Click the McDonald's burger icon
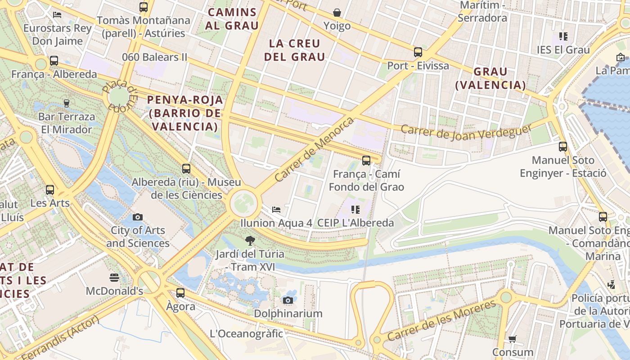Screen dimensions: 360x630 (x=114, y=277)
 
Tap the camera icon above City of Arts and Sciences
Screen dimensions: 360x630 (x=138, y=217)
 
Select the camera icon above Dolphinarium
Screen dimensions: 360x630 (x=288, y=300)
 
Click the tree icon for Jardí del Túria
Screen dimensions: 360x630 (x=250, y=241)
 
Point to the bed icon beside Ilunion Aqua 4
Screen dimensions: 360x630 (x=276, y=210)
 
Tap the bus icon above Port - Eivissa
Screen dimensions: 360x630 (x=418, y=52)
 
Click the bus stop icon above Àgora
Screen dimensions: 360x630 (x=180, y=293)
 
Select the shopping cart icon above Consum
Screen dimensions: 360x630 (x=512, y=339)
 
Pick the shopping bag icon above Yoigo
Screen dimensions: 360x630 (x=337, y=13)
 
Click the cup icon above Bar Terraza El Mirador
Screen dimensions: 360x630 (x=67, y=103)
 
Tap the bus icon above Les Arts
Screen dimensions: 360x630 (x=50, y=190)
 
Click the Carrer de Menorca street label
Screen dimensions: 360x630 (x=314, y=149)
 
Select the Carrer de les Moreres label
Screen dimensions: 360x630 (x=442, y=321)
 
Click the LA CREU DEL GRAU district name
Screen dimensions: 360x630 (x=294, y=50)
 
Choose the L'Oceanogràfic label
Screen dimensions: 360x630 (x=246, y=333)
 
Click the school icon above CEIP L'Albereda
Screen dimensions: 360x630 (x=355, y=210)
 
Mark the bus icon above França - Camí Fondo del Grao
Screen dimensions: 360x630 (x=366, y=161)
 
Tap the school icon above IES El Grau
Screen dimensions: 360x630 (x=563, y=36)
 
